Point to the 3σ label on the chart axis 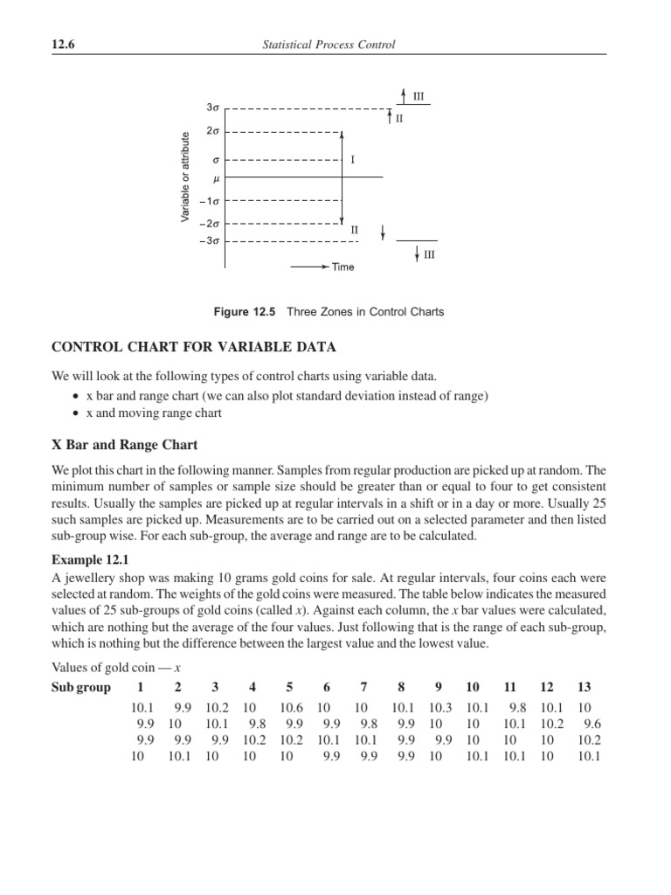[212, 108]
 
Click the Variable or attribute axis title [185, 176]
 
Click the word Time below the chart [342, 267]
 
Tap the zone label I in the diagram [353, 160]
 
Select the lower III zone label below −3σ [429, 255]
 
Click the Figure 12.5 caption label [259, 312]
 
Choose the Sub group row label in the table [81, 687]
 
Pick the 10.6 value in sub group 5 [291, 708]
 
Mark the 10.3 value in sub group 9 [439, 708]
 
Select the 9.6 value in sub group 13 [592, 725]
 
